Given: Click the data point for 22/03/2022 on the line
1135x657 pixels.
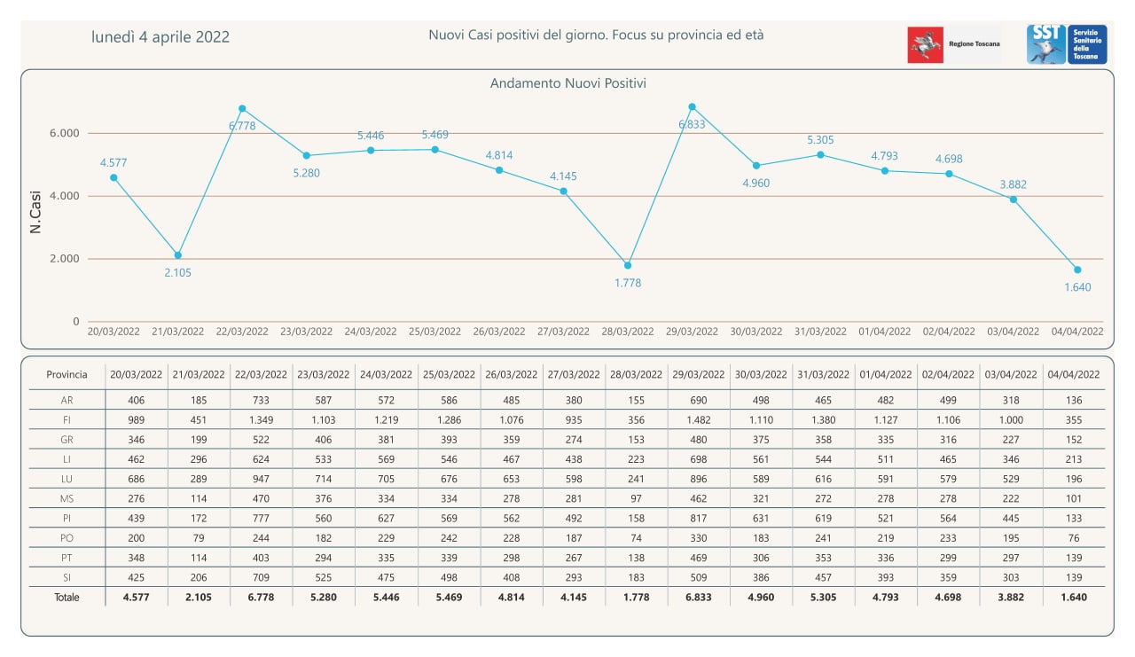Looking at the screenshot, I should pyautogui.click(x=242, y=108).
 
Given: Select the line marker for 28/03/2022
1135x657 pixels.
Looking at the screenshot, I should pyautogui.click(x=628, y=265).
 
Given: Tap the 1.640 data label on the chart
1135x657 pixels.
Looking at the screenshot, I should pyautogui.click(x=1077, y=287).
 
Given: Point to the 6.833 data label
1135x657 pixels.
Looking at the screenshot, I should pyautogui.click(x=692, y=125).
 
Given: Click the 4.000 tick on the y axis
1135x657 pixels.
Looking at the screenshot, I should pyautogui.click(x=64, y=196).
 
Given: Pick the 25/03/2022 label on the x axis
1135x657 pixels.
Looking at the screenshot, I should pyautogui.click(x=434, y=332).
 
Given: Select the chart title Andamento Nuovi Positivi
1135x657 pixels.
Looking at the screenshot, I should pyautogui.click(x=567, y=83).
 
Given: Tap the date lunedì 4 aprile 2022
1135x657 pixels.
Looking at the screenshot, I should pyautogui.click(x=160, y=37).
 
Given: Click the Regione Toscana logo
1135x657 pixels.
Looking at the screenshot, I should pyautogui.click(x=953, y=44).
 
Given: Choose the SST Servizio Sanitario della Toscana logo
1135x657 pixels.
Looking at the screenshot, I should pyautogui.click(x=1067, y=44).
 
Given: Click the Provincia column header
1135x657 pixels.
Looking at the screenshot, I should pyautogui.click(x=67, y=375).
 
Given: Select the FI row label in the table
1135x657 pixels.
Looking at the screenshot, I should pyautogui.click(x=67, y=420).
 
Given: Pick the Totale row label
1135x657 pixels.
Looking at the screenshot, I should pyautogui.click(x=67, y=598).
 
